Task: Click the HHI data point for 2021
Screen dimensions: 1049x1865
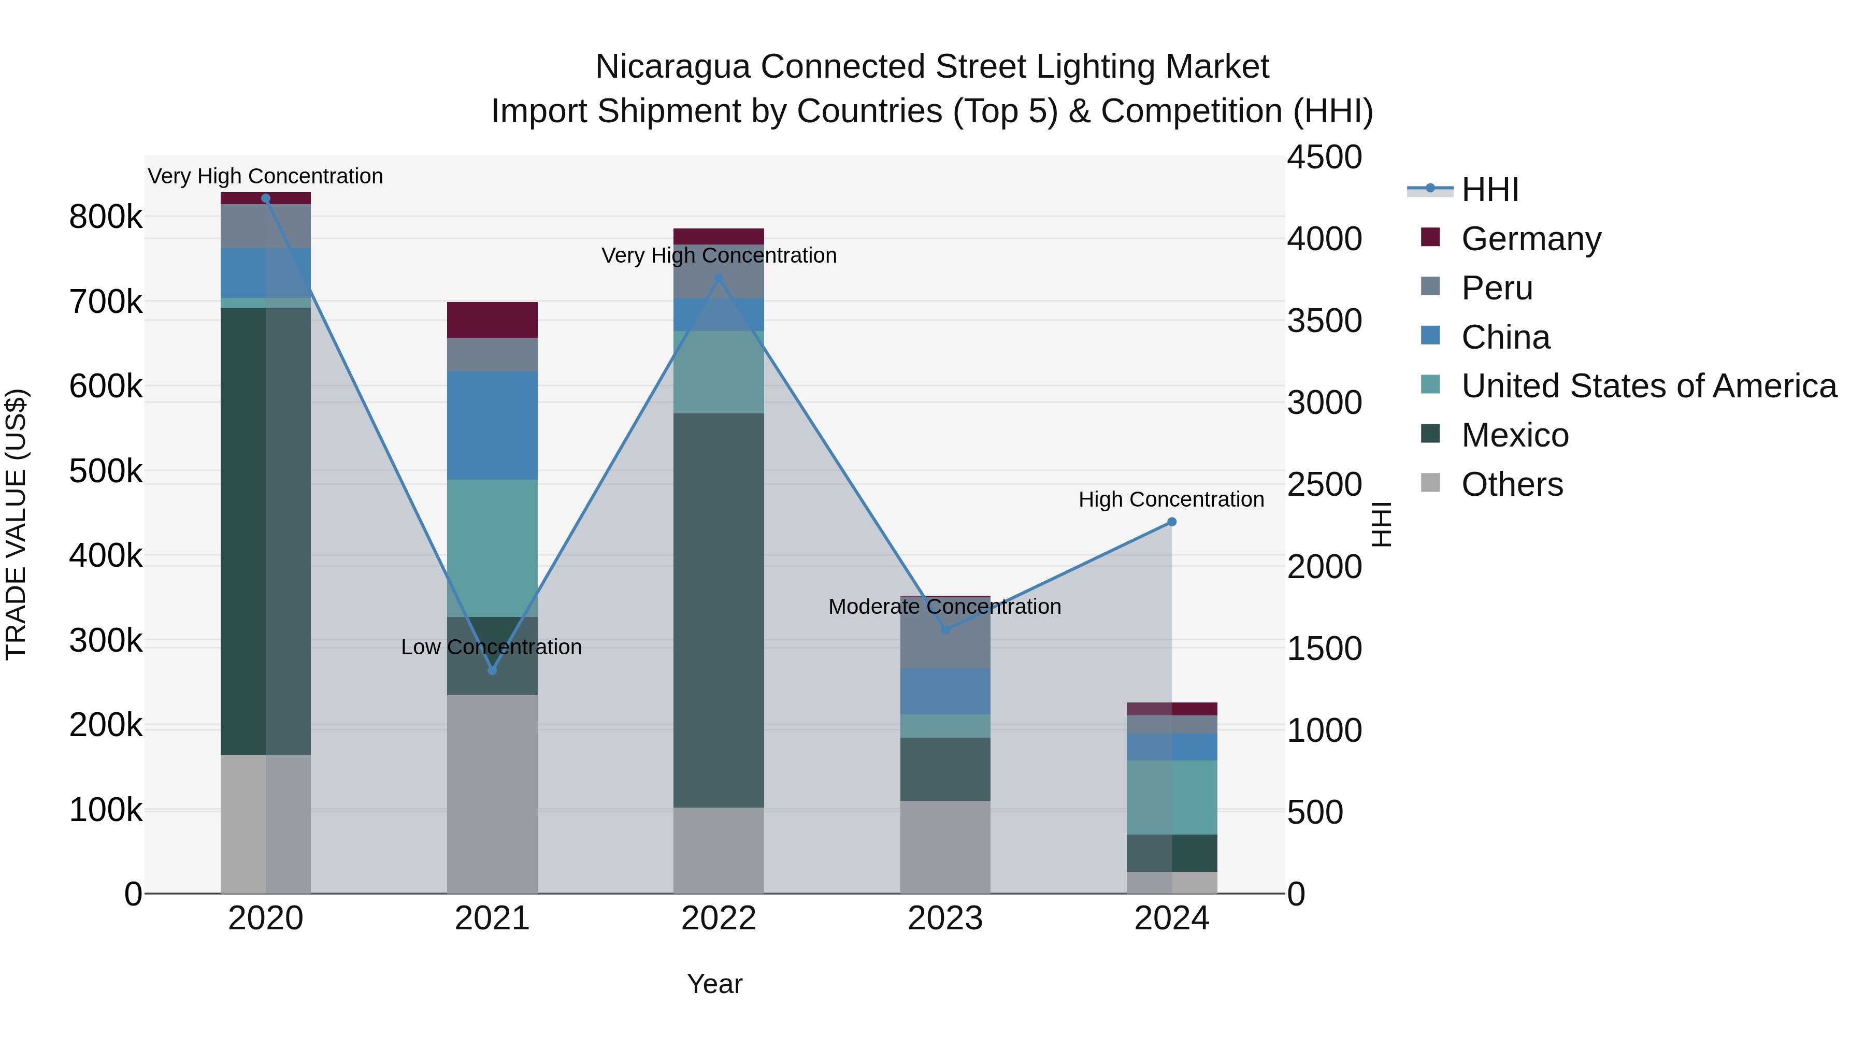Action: [x=492, y=670]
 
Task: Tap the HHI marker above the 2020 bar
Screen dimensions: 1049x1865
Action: [x=266, y=198]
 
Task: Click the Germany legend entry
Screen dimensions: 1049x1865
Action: [x=1530, y=239]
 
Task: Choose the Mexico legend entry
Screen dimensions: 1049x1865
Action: [x=1515, y=435]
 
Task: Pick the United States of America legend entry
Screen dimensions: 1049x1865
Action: [x=1648, y=386]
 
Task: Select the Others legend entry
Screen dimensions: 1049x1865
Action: [x=1512, y=484]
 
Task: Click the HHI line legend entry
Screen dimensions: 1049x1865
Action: [x=1489, y=190]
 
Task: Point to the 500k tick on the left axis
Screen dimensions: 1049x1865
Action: [x=106, y=471]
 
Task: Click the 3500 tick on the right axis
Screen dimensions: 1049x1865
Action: [x=1324, y=321]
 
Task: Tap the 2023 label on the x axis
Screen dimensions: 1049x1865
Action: [x=945, y=918]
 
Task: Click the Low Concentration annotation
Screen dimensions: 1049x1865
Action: [x=491, y=646]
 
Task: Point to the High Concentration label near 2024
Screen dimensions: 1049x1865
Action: [x=1171, y=499]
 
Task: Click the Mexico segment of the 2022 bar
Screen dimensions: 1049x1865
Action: [x=718, y=610]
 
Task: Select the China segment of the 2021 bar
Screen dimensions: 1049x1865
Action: [x=492, y=426]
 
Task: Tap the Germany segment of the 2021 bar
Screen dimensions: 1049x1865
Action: [x=492, y=320]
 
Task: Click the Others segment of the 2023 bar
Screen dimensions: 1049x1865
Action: [x=945, y=846]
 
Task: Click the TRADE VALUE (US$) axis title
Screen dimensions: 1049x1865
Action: [x=16, y=524]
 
